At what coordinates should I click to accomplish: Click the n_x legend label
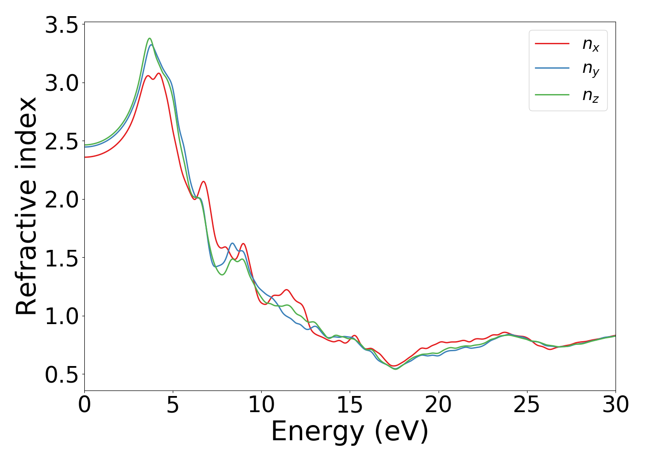(591, 45)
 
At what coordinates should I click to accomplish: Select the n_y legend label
(591, 69)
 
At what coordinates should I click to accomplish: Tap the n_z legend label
(591, 95)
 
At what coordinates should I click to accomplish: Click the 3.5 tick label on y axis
(62, 25)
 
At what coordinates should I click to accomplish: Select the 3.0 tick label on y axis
(62, 83)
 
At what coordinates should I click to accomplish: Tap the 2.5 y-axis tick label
(62, 141)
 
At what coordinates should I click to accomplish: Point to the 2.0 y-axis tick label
(62, 200)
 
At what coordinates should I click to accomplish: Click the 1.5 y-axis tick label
(62, 258)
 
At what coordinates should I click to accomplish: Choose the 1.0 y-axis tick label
(62, 316)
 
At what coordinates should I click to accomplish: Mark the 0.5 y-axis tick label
(62, 375)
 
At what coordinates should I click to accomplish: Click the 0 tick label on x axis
(84, 405)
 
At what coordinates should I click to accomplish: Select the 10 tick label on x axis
(261, 405)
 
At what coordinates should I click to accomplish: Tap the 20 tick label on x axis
(438, 405)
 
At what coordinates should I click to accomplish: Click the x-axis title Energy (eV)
(350, 432)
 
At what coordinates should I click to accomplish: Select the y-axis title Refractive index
(26, 206)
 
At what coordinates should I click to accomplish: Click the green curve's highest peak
(150, 38)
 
